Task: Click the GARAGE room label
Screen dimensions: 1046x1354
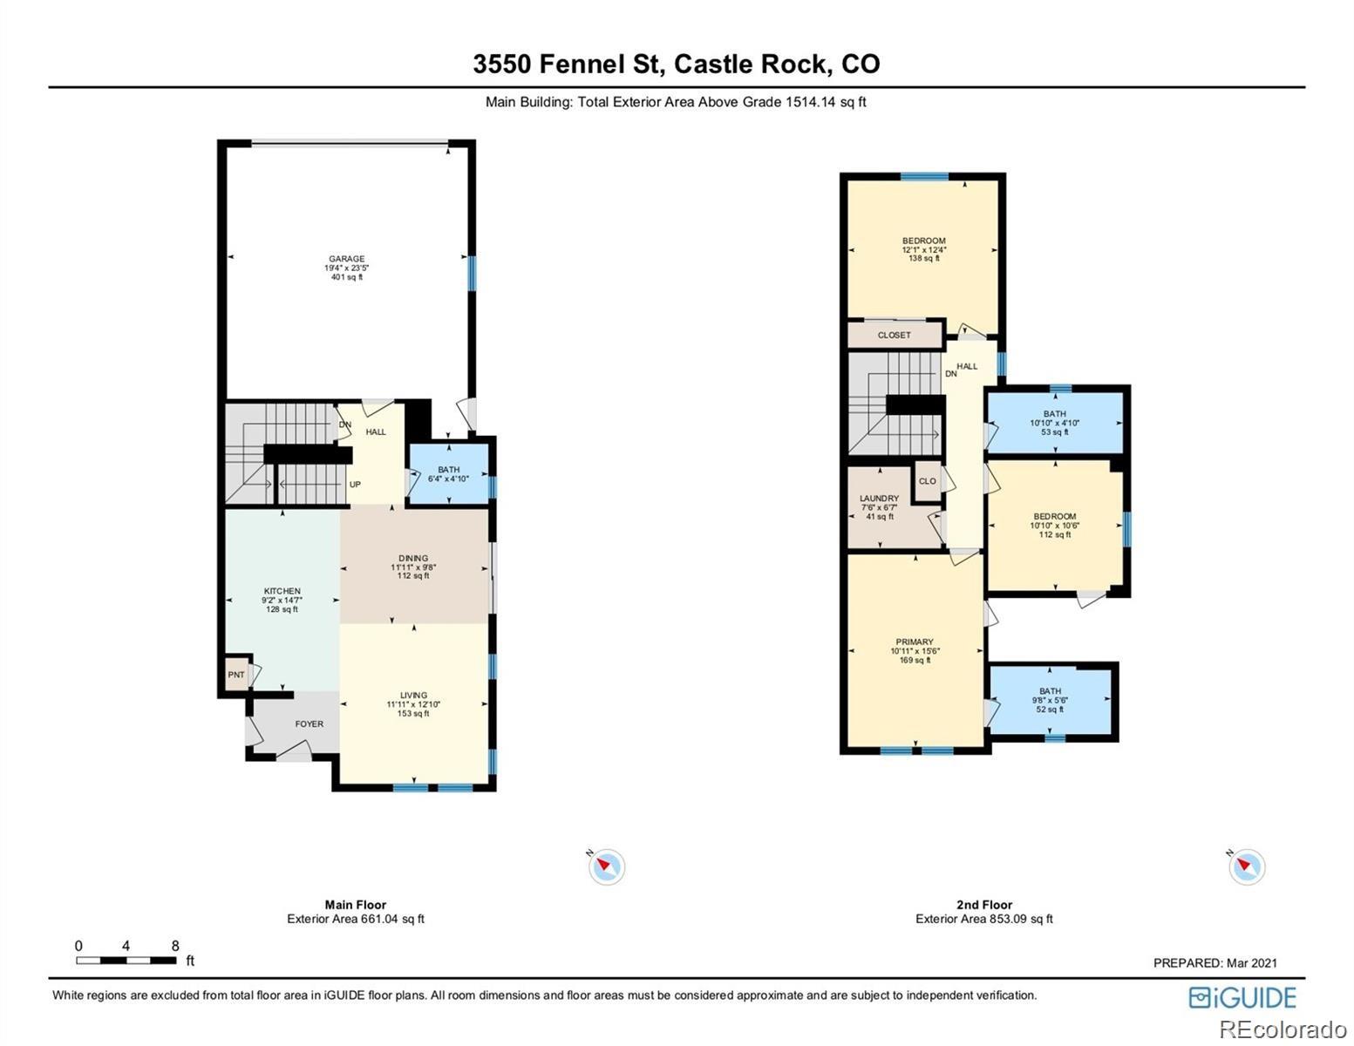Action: [x=346, y=259]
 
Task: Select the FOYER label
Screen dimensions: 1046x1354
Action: [x=309, y=724]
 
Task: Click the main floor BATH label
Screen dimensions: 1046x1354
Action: [x=448, y=470]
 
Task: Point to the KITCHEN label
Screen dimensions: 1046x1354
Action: [x=282, y=591]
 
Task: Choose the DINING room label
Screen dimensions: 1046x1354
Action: [x=413, y=559]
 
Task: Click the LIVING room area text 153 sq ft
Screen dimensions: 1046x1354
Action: [x=413, y=714]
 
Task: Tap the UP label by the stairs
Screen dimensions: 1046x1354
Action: [x=355, y=485]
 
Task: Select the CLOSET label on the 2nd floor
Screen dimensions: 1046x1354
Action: [x=894, y=335]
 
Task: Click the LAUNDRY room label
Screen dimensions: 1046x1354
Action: [x=879, y=499]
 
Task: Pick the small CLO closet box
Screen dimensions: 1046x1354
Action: [x=927, y=481]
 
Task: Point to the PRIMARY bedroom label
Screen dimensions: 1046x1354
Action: [x=915, y=642]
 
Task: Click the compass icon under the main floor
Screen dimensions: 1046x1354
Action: [x=606, y=866]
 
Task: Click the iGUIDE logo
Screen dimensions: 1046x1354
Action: [x=1242, y=997]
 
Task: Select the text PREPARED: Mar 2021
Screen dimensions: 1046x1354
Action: [x=1215, y=962]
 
